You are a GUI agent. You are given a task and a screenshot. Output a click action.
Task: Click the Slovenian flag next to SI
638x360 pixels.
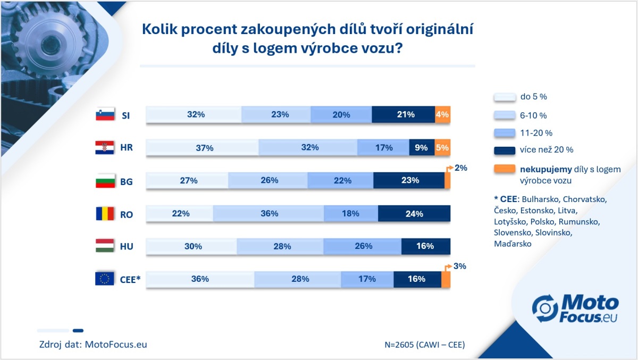click(105, 114)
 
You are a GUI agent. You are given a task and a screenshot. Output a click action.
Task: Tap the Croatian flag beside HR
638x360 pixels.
click(105, 148)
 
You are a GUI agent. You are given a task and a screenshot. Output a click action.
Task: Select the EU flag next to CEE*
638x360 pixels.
click(105, 278)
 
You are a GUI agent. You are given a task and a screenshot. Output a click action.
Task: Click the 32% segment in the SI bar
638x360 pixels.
click(194, 114)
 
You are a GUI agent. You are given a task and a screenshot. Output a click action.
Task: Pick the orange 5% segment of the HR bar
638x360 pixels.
click(442, 148)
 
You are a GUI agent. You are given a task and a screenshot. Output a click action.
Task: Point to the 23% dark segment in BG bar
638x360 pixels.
click(408, 180)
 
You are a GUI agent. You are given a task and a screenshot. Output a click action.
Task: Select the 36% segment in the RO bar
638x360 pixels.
click(269, 214)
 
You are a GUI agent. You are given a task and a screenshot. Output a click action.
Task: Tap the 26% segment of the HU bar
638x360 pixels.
click(362, 246)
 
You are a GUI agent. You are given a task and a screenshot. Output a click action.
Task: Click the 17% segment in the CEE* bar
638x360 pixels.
click(367, 279)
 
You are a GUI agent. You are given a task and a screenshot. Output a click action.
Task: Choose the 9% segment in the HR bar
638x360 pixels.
click(421, 148)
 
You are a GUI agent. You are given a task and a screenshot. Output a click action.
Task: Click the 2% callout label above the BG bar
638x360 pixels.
click(461, 168)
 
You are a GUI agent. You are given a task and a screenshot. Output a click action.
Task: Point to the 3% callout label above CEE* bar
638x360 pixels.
click(460, 266)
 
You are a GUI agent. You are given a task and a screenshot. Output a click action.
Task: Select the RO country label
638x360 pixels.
click(127, 214)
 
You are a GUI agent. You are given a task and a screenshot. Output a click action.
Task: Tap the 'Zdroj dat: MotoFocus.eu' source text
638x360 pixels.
click(93, 344)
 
